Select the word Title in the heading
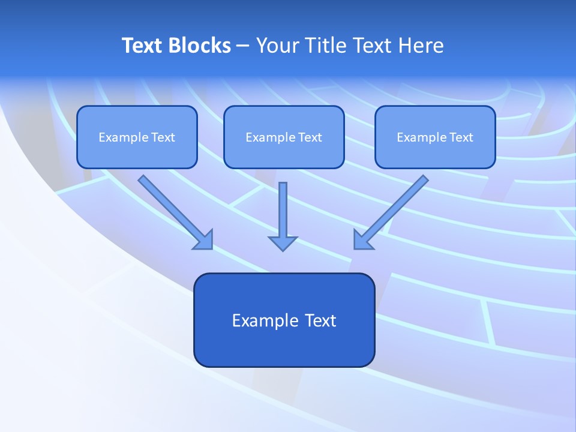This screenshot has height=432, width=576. [x=328, y=46]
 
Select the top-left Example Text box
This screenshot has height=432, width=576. [x=137, y=137]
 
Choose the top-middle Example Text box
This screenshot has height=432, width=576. [x=284, y=137]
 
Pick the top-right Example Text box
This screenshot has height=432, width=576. [x=435, y=137]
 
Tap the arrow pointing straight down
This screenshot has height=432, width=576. [x=283, y=210]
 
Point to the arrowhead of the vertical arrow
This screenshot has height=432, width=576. [x=283, y=242]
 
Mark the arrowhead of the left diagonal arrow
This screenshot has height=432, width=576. [x=204, y=240]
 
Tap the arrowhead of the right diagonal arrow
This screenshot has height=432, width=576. [x=362, y=240]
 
